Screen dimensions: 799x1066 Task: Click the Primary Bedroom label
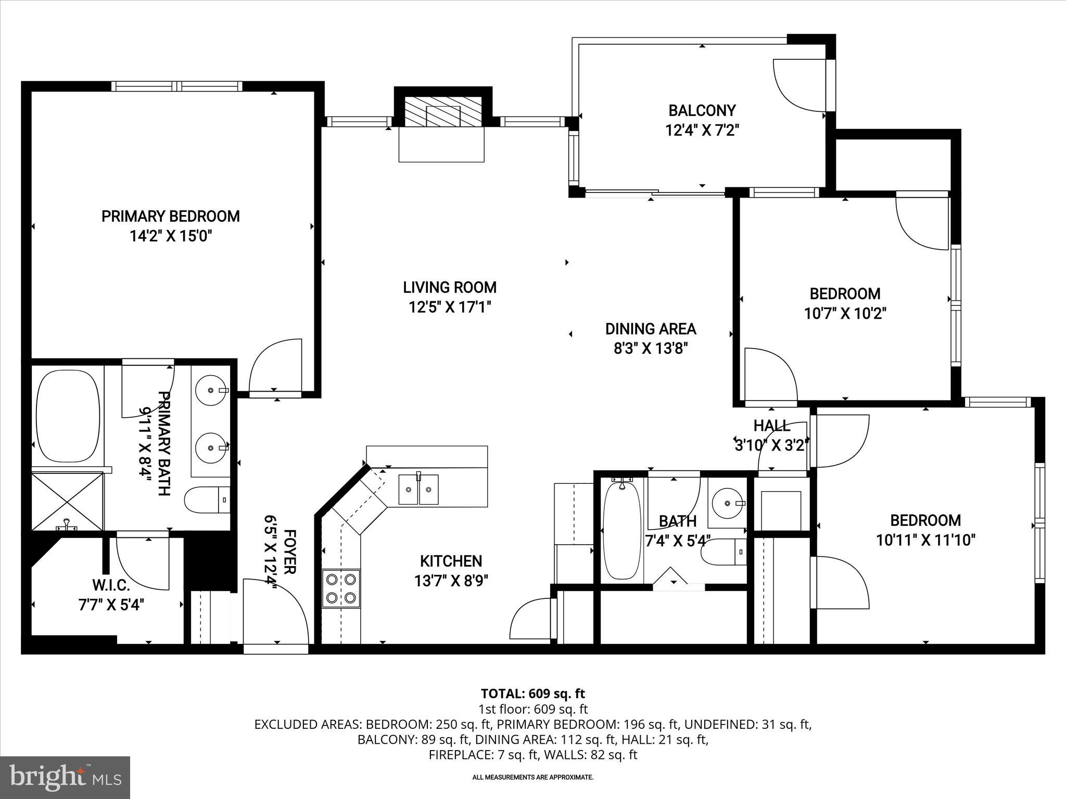coord(170,216)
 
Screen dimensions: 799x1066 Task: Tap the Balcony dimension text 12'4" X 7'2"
coord(702,130)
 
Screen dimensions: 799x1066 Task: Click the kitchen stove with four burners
coord(341,588)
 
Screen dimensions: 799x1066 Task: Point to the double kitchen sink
coord(418,489)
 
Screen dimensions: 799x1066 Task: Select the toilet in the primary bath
coord(207,500)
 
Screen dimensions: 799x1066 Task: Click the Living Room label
coord(450,287)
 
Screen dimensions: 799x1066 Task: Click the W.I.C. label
coord(111,585)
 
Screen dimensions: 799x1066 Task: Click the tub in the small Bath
coord(621,531)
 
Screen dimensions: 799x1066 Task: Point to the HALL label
coord(772,426)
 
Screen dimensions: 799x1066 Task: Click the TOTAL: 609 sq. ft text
coord(532,693)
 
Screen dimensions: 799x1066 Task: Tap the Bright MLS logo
coord(65,777)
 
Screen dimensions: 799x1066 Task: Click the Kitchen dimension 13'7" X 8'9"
coord(451,581)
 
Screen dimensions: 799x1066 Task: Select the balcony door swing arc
coord(799,86)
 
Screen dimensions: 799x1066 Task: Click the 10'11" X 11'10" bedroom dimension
coord(925,540)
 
